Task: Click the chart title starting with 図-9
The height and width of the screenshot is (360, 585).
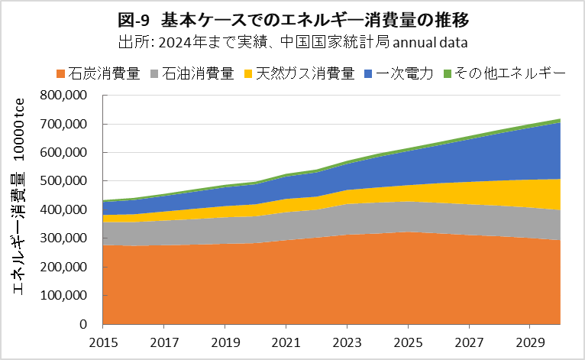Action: [292, 18]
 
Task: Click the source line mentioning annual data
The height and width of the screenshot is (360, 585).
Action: [292, 40]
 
